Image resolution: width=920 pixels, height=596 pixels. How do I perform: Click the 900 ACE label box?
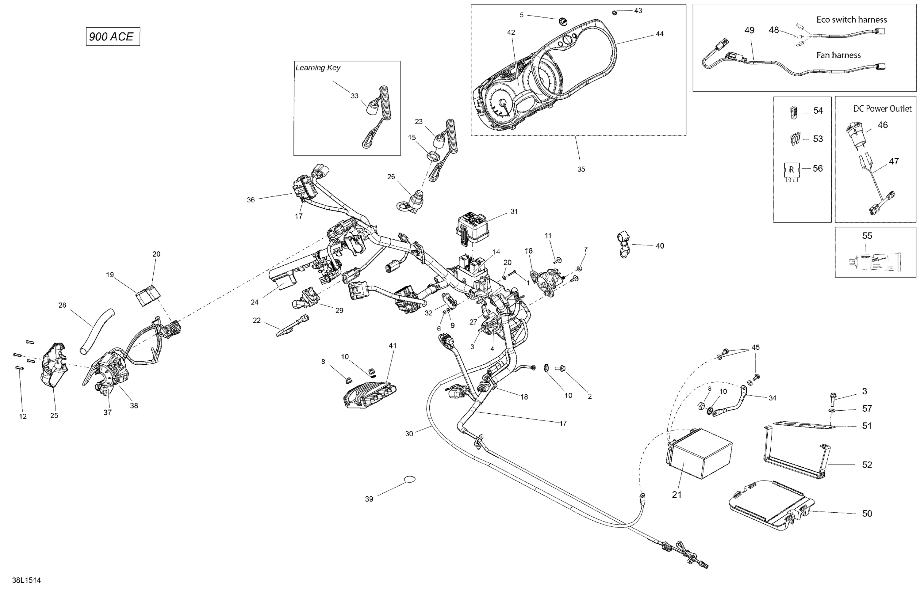click(x=113, y=37)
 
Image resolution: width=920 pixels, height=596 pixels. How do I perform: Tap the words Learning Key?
click(x=318, y=68)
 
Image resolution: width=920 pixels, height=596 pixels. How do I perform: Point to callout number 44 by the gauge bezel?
click(x=659, y=34)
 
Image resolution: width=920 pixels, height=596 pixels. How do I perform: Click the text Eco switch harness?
click(x=851, y=20)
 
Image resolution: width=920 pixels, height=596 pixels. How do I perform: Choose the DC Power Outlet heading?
click(x=882, y=109)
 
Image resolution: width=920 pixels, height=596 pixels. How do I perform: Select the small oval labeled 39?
click(x=410, y=479)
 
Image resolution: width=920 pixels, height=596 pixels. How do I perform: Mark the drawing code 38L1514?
click(x=26, y=580)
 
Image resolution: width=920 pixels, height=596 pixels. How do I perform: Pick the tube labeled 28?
click(x=97, y=331)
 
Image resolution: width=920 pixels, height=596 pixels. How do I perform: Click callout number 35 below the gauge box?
click(x=581, y=169)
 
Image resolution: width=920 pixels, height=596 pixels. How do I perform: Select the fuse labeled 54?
click(x=791, y=112)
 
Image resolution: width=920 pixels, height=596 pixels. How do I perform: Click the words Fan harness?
click(x=838, y=55)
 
